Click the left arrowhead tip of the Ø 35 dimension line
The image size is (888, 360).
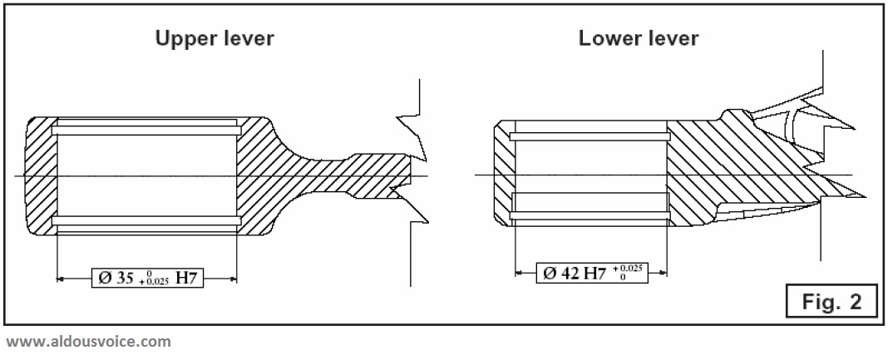(57, 278)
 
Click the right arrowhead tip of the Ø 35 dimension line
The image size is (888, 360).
(237, 278)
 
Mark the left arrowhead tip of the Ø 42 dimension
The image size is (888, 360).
(515, 273)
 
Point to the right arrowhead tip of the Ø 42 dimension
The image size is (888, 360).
(667, 273)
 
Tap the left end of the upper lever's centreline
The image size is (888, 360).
(15, 176)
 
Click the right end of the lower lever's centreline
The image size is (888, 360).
(851, 175)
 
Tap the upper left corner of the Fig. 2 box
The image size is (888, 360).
(787, 285)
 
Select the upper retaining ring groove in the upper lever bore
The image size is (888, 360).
(146, 131)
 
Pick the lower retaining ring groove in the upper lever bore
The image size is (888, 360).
(146, 220)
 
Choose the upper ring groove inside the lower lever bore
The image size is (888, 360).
(590, 136)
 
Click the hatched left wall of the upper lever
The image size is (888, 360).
(42, 176)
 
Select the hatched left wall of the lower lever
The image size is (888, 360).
(504, 173)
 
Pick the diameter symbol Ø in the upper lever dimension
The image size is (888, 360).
(104, 279)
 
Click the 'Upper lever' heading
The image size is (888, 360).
(215, 38)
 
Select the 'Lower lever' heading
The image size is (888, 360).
(639, 38)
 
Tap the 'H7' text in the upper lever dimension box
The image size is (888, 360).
(188, 279)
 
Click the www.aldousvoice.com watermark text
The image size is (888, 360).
(88, 342)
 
